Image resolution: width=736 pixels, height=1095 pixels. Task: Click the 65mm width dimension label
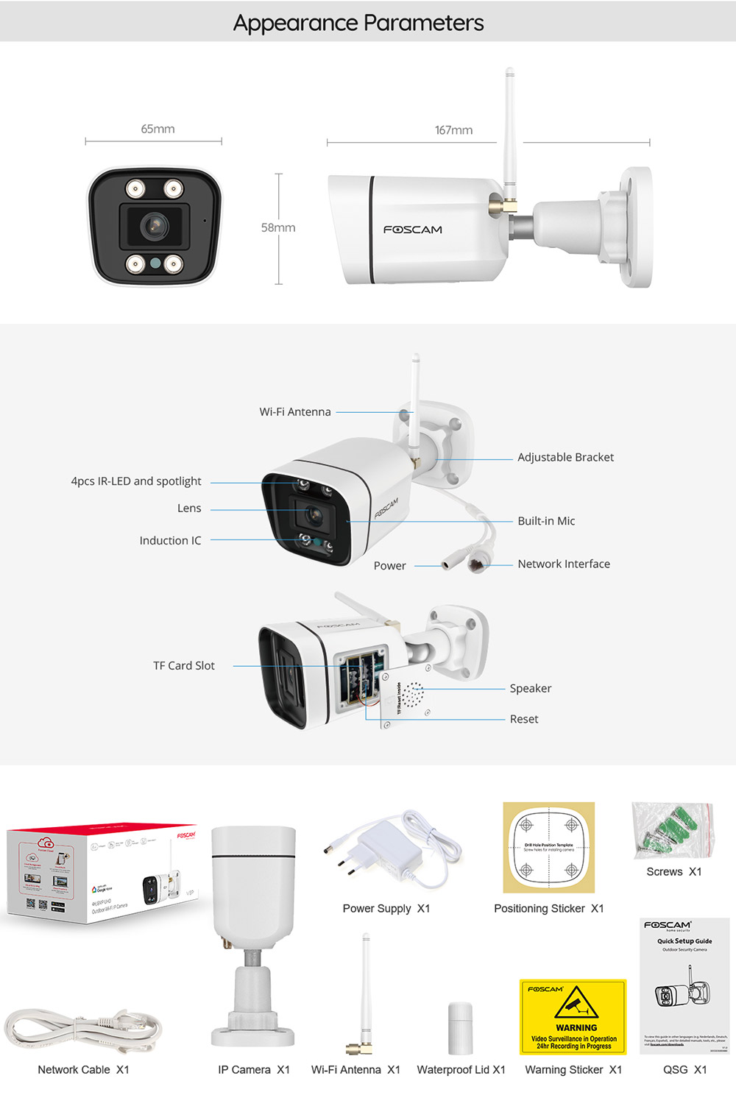pos(158,129)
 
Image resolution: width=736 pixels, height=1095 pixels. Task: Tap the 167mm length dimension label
pos(453,130)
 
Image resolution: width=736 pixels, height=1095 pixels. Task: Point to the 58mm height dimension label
pos(278,228)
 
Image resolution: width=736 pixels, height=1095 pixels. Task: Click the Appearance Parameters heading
pos(358,23)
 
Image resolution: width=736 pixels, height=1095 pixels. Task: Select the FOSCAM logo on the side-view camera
pos(413,230)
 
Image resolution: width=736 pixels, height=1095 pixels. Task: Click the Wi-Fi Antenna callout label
pos(295,412)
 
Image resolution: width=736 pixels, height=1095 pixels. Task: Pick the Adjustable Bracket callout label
pos(565,457)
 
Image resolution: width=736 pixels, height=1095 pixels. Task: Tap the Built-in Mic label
pos(546,521)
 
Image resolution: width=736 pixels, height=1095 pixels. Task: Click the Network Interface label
pos(564,564)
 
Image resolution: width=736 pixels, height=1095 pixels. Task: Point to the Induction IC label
pos(170,541)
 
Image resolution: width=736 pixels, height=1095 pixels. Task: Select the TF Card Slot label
pos(184,666)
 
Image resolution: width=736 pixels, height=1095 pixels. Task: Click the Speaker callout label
pos(530,689)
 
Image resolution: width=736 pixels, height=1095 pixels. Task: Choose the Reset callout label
pos(524,720)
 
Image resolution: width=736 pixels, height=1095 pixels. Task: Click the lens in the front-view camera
pos(155,225)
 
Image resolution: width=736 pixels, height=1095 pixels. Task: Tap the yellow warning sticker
pos(573,1017)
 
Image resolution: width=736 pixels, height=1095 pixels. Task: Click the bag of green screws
pos(673,830)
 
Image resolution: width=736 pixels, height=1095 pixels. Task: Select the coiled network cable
pos(82,1032)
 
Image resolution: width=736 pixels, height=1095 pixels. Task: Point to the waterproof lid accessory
pos(460,1028)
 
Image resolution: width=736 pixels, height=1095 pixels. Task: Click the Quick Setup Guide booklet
pos(684,985)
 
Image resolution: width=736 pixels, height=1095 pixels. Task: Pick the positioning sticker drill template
pos(549,847)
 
